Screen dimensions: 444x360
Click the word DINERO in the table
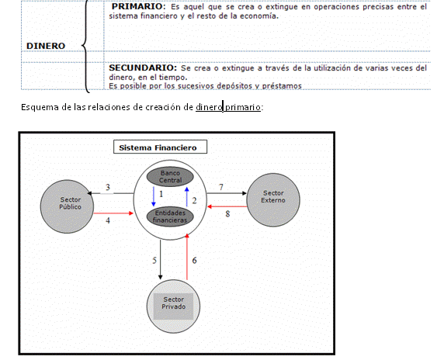[46, 46]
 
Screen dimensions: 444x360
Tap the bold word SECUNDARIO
[143, 67]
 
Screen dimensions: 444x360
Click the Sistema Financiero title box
[160, 147]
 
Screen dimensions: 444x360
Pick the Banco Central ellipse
[170, 177]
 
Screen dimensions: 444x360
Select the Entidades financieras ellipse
[170, 216]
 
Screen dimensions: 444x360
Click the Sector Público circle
[67, 206]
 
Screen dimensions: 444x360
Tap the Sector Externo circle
[273, 200]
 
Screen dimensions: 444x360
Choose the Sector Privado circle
[173, 306]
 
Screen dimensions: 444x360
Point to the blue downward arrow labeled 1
[154, 196]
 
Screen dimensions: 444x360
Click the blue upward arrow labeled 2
[186, 197]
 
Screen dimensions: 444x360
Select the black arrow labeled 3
[110, 193]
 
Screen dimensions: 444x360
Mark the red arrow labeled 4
[113, 213]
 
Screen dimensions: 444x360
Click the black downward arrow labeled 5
[160, 260]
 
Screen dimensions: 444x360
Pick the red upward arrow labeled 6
[187, 257]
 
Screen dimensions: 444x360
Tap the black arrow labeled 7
[227, 193]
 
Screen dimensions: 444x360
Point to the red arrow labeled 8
[227, 206]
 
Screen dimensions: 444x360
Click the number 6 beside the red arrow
[194, 261]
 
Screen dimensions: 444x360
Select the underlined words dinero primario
[228, 107]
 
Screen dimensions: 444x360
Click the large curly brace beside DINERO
[85, 46]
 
